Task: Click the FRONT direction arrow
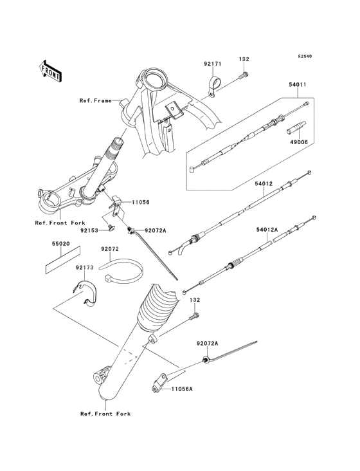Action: (50, 71)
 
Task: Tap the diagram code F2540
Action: (305, 56)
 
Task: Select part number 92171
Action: (213, 64)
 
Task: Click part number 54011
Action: (298, 85)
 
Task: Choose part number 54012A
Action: (267, 230)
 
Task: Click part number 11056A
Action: (182, 389)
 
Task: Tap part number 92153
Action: (89, 231)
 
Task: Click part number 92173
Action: (85, 267)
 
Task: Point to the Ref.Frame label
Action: (95, 100)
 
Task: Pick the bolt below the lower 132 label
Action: (194, 316)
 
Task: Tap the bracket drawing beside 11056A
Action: (158, 383)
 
